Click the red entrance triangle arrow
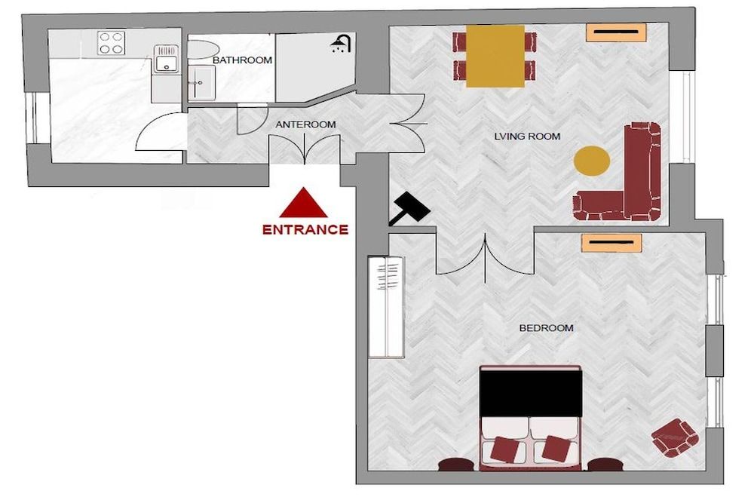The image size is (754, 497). (x=303, y=204)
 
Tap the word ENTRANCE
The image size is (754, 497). (x=305, y=229)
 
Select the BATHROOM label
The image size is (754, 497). (x=242, y=60)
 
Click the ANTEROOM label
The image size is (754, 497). (x=306, y=124)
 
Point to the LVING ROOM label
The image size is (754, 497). (x=528, y=137)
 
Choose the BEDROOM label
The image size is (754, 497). (x=546, y=328)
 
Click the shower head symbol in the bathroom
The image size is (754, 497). (x=341, y=44)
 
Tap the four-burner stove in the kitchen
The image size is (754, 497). (x=112, y=43)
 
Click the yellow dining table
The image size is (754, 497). (x=495, y=57)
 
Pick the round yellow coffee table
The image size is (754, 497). (x=592, y=161)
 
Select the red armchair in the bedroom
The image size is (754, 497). (x=675, y=438)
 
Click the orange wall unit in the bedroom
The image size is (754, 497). (x=611, y=243)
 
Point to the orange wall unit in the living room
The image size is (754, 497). (x=616, y=32)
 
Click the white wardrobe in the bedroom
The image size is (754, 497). (x=385, y=307)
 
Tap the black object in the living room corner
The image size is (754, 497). (x=409, y=208)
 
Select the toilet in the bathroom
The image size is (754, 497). (x=202, y=50)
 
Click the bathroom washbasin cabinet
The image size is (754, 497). (x=201, y=83)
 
